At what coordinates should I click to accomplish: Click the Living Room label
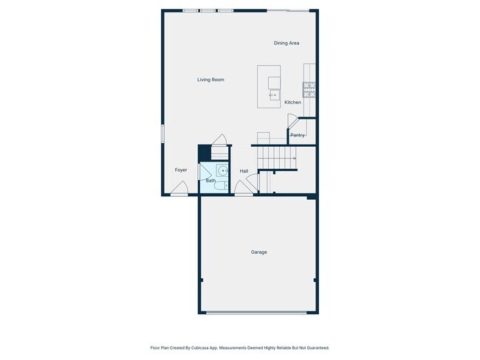point(210,80)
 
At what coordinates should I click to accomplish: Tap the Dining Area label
point(287,44)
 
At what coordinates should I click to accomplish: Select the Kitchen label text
point(292,103)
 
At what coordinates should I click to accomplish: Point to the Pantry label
point(298,135)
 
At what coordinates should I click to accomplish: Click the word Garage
point(258,252)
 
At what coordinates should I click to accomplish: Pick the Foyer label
point(181,170)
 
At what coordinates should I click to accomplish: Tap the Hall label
point(244,171)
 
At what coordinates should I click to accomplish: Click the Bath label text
point(210,181)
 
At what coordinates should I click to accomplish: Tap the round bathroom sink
point(223,170)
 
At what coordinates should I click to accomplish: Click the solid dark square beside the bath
point(204,152)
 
